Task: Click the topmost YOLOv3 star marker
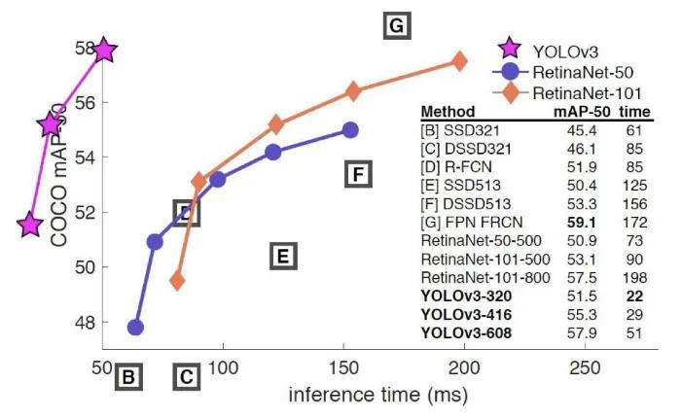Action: [x=104, y=50]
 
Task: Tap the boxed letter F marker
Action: [x=359, y=175]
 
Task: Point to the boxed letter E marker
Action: [x=282, y=257]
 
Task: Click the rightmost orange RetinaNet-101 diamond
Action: [x=459, y=61]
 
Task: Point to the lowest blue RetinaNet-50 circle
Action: [x=135, y=328]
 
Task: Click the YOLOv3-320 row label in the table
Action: [x=466, y=294]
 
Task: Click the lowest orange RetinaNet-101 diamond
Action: [x=177, y=281]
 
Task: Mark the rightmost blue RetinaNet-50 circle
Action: [x=350, y=129]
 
